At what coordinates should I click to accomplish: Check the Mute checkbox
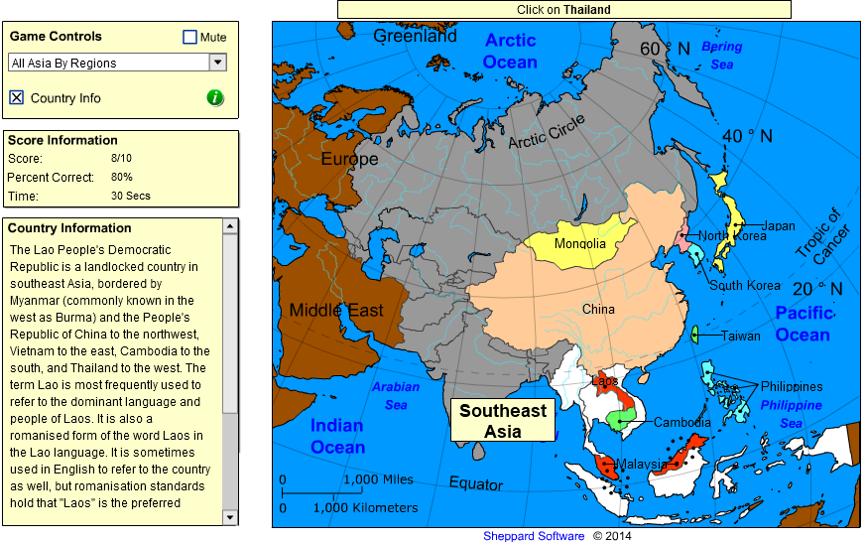(x=190, y=38)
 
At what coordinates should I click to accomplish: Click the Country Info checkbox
(x=16, y=97)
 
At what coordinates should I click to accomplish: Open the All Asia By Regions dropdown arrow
(x=218, y=63)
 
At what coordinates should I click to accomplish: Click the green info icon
(x=215, y=97)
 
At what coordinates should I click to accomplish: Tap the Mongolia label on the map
(x=579, y=244)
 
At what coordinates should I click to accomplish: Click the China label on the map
(x=598, y=309)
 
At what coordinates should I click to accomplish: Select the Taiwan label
(x=741, y=336)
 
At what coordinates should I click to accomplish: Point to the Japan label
(x=779, y=225)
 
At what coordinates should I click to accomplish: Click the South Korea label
(x=744, y=285)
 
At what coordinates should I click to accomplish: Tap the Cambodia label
(x=681, y=422)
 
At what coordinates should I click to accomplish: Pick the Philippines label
(x=792, y=386)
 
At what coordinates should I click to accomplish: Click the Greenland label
(x=415, y=36)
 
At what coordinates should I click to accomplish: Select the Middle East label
(x=336, y=311)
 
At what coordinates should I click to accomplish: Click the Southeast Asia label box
(x=503, y=421)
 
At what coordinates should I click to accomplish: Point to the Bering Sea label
(x=721, y=56)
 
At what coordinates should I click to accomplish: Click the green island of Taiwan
(x=695, y=335)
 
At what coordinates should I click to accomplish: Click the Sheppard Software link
(x=534, y=536)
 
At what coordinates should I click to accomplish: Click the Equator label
(x=476, y=483)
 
